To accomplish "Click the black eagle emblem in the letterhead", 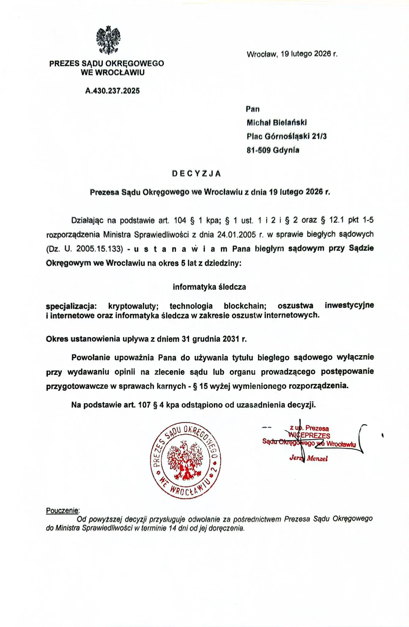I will pyautogui.click(x=108, y=40).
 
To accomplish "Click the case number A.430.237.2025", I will pyautogui.click(x=112, y=91).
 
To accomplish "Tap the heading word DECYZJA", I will pyautogui.click(x=196, y=174).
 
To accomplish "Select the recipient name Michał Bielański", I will pyautogui.click(x=276, y=122).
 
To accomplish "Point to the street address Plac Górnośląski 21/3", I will pyautogui.click(x=287, y=136).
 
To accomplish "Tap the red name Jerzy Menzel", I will pyautogui.click(x=308, y=458).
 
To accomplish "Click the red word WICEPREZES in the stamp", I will pyautogui.click(x=309, y=435).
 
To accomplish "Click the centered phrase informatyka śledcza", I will pyautogui.click(x=209, y=287).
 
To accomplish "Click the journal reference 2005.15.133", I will pyautogui.click(x=99, y=249).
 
